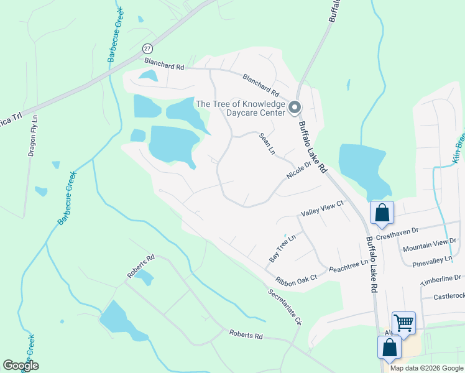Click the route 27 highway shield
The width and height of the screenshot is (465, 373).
pos(147,48)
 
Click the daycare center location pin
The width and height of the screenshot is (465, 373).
pos(295,108)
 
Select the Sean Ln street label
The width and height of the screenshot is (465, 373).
pos(267,144)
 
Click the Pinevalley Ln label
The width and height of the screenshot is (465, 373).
pos(433,260)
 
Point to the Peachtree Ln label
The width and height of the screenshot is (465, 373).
pos(349,265)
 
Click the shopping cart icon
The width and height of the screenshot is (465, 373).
pos(403,323)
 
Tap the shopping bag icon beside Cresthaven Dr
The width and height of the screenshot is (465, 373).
pos(382,213)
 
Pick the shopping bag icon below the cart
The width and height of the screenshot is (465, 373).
pos(389,347)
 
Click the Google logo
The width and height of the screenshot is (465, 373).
pos(21,366)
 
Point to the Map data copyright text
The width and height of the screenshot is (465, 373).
pos(426,368)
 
